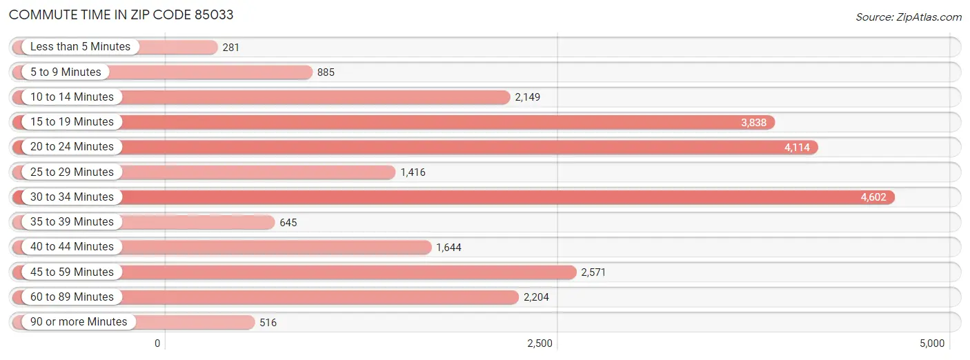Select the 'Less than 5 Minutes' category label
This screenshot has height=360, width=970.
click(80, 47)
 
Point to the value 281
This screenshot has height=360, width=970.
click(230, 48)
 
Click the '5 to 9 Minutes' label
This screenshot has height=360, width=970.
click(66, 72)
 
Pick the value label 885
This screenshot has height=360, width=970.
click(326, 72)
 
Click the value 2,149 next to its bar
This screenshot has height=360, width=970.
click(528, 97)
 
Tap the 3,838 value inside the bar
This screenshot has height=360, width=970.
click(754, 122)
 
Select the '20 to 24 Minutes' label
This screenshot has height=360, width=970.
click(72, 147)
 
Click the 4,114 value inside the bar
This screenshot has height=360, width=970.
click(797, 148)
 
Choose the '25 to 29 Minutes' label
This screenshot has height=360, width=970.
click(72, 172)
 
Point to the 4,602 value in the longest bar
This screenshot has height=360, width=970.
click(873, 197)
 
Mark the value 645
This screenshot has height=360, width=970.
click(288, 222)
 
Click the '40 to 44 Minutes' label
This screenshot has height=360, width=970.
click(72, 246)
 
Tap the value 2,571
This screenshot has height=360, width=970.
click(593, 272)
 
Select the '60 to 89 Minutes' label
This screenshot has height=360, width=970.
click(72, 297)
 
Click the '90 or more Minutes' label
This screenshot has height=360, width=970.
click(79, 321)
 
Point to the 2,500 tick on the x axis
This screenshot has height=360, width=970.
click(540, 343)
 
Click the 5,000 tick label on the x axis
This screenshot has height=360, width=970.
click(931, 343)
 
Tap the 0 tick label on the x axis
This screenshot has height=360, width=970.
click(157, 343)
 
